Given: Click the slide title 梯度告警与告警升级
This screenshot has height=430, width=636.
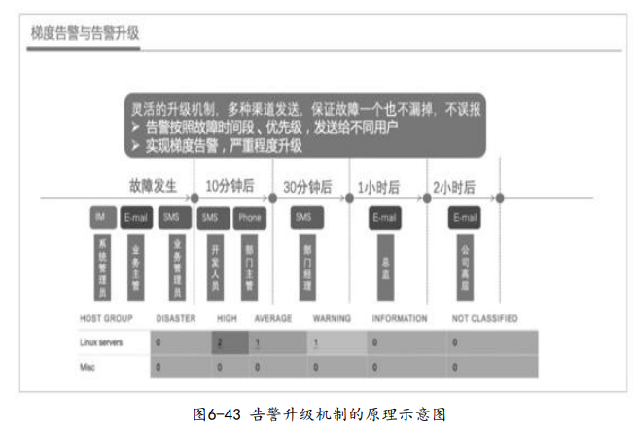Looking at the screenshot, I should point(86,33).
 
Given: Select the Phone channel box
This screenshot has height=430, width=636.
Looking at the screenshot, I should point(250,218).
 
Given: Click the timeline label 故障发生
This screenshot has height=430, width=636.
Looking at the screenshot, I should point(154,185).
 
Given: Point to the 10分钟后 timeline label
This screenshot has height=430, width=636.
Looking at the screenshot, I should point(230,185).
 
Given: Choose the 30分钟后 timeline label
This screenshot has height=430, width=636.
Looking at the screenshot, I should point(306,185).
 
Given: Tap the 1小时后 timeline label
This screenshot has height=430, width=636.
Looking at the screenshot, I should point(382,185).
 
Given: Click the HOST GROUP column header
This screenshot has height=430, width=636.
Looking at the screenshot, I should point(106,319).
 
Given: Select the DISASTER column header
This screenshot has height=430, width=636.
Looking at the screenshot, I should point(176,319).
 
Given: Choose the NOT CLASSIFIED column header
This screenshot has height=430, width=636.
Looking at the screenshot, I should point(485,319).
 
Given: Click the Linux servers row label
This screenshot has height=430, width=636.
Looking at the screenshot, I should point(102,342).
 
